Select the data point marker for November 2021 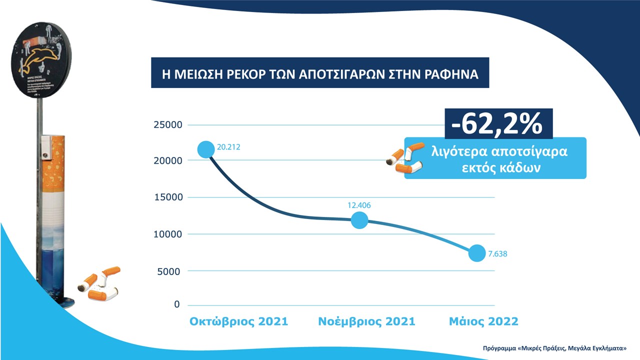coord(359,220)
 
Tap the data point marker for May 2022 coord(476,253)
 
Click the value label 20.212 coord(228,147)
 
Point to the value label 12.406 coord(359,205)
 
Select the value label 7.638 coord(497,254)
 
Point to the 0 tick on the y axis coord(176,304)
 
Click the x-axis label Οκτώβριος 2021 coord(238,321)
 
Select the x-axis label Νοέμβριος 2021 coord(366,321)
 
